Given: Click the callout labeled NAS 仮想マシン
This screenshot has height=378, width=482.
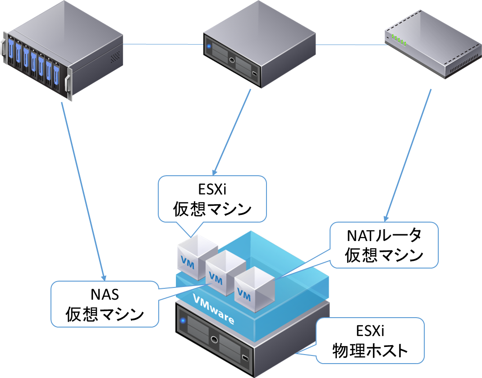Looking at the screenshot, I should click(105, 304).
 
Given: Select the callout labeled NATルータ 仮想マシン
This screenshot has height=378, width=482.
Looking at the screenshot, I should click(384, 246).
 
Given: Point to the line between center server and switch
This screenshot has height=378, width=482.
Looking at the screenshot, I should click(349, 45).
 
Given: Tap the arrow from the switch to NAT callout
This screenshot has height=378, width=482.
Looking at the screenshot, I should click(408, 153).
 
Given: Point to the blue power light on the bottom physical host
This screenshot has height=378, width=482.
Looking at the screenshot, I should click(183, 321).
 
